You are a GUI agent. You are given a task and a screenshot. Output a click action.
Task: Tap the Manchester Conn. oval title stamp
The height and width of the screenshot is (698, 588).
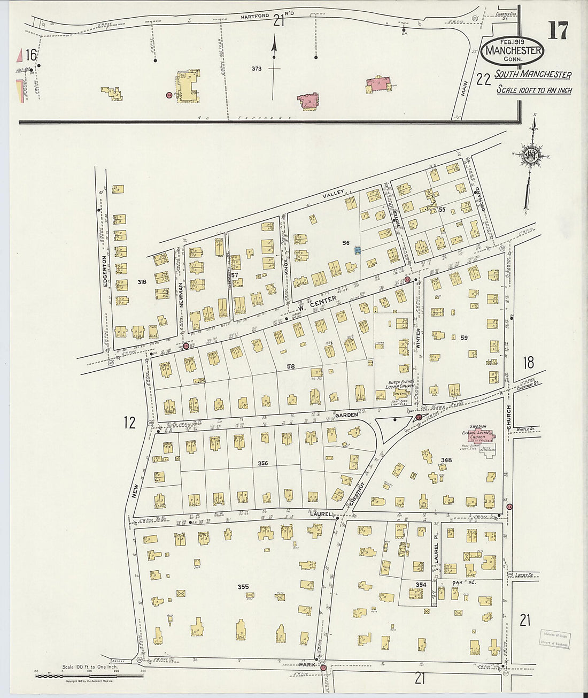click(x=513, y=51)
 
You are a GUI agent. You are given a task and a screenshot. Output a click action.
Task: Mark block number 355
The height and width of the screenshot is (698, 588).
click(x=243, y=587)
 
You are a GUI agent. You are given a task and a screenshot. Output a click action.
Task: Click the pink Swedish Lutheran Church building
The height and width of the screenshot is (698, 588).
click(x=478, y=436)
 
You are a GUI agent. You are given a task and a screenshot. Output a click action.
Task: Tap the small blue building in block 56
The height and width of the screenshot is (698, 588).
click(x=357, y=250)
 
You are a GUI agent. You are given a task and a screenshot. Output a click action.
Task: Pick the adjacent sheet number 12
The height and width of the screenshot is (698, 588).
click(x=129, y=423)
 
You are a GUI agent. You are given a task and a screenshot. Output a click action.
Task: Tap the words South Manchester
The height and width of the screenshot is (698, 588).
click(x=532, y=75)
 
